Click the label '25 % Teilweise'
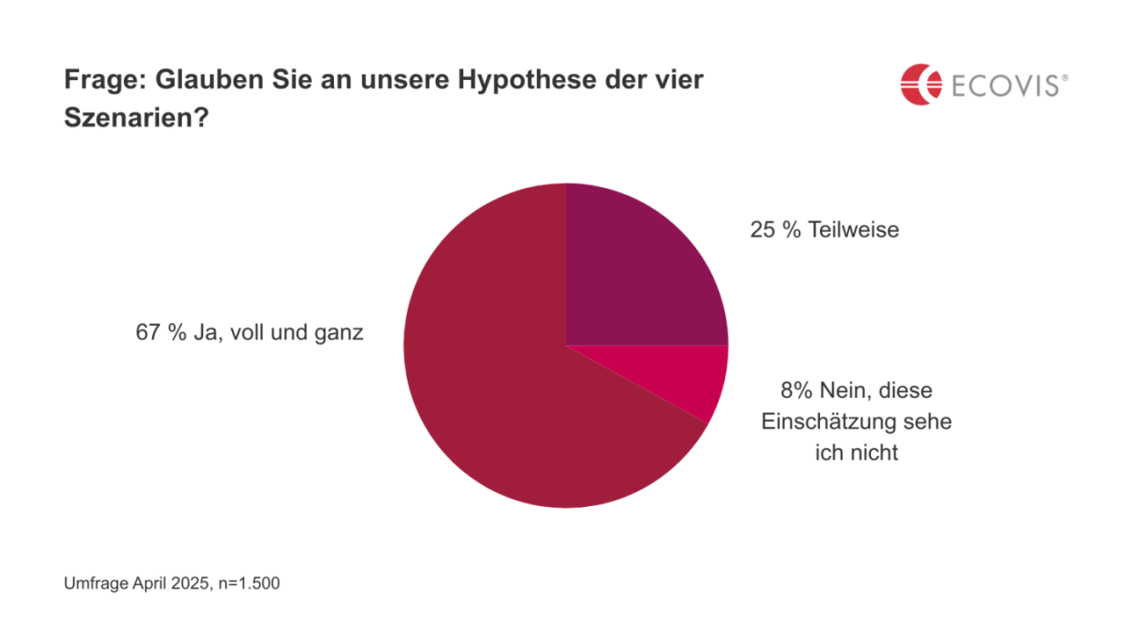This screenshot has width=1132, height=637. click(x=824, y=229)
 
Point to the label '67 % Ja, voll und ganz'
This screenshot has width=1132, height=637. click(x=249, y=333)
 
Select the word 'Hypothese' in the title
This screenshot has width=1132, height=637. click(x=516, y=80)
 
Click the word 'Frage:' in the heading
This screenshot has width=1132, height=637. click(x=105, y=80)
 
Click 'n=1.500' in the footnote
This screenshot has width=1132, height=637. click(x=250, y=583)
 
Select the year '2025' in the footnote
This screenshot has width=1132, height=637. click(x=193, y=583)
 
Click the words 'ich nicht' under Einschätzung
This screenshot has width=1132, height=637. click(x=856, y=452)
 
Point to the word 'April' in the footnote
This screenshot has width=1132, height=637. click(x=153, y=583)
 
